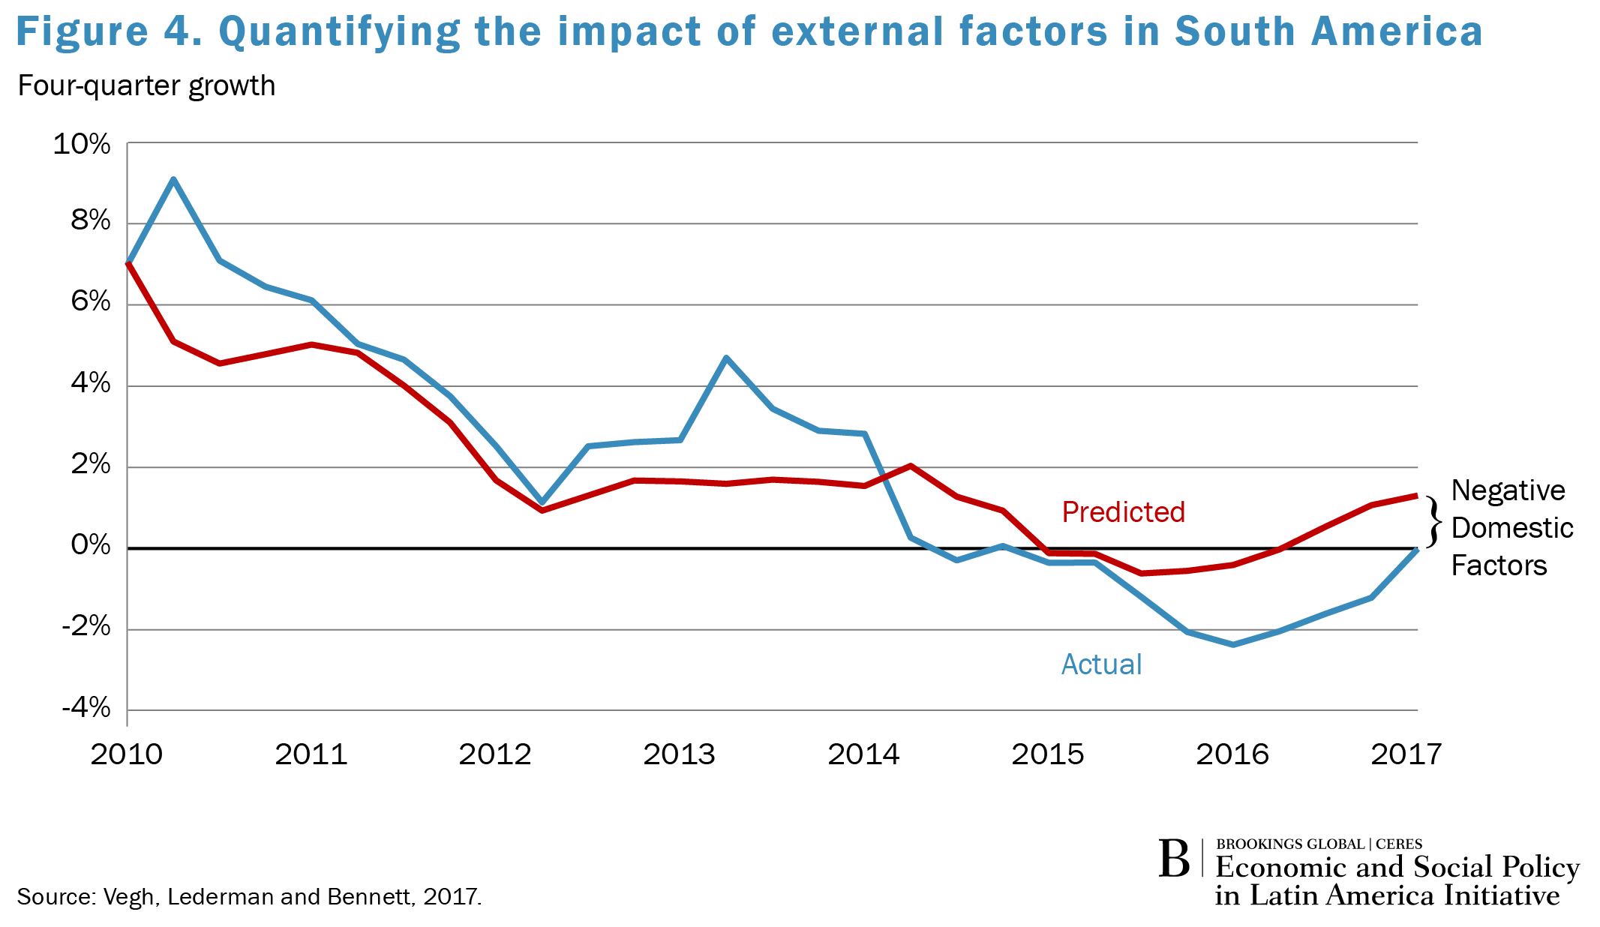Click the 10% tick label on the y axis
(x=81, y=144)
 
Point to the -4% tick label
(x=86, y=707)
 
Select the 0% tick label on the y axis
(x=90, y=545)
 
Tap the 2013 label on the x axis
(x=679, y=754)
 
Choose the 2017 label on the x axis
(x=1406, y=754)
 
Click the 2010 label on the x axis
(x=127, y=754)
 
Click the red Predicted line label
(x=1123, y=512)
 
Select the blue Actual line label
(x=1101, y=664)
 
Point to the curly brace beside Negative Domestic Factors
(x=1433, y=521)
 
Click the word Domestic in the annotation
(x=1511, y=528)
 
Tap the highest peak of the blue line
(x=173, y=179)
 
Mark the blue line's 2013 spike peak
(x=725, y=358)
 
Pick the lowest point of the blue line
(x=1233, y=644)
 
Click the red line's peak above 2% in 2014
(x=910, y=466)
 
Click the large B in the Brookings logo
(x=1174, y=859)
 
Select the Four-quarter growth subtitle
(x=146, y=86)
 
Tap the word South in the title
(x=1234, y=32)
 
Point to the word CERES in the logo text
(x=1399, y=844)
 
